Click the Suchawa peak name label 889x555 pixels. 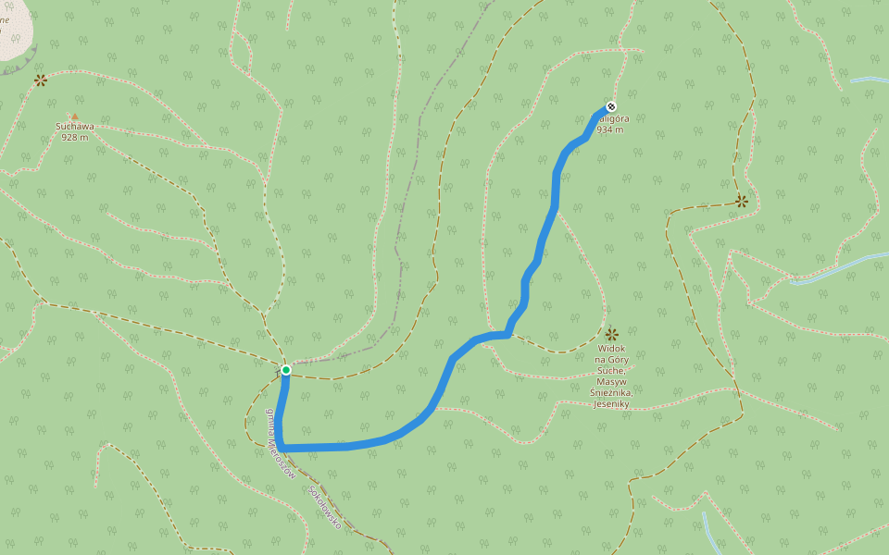(x=75, y=127)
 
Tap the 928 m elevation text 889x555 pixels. (x=75, y=137)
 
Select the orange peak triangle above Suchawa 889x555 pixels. (x=75, y=117)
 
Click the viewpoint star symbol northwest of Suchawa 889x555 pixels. (x=41, y=80)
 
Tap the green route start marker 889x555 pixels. (x=286, y=370)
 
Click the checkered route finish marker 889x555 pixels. (x=610, y=105)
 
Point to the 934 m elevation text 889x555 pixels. (x=610, y=130)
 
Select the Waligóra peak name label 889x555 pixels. (x=614, y=119)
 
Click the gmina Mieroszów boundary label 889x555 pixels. (x=280, y=442)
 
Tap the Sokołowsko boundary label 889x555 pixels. (x=326, y=508)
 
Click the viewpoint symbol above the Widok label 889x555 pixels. (x=611, y=334)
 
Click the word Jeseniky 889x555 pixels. (x=611, y=404)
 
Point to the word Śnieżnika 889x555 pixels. (x=611, y=393)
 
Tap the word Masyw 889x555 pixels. (x=611, y=382)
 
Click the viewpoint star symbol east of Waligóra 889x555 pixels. (x=742, y=200)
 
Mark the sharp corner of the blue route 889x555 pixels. (x=282, y=448)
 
